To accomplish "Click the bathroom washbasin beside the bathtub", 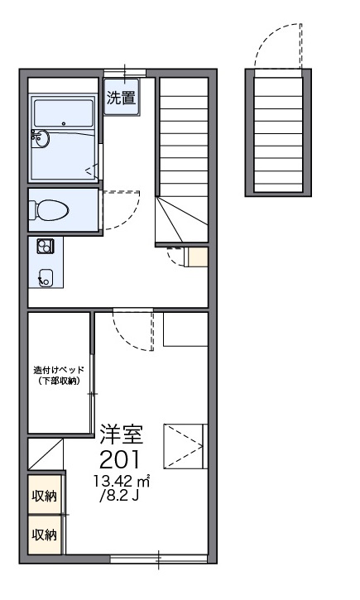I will click(x=42, y=139).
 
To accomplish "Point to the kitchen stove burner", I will click(x=45, y=245).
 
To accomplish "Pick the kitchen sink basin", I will click(x=46, y=277).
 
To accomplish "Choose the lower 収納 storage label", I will click(x=45, y=535).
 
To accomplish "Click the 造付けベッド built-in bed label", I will click(x=58, y=369).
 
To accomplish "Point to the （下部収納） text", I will click(x=58, y=381).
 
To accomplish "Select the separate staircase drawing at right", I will click(x=278, y=132).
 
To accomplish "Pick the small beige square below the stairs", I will click(x=197, y=257).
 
